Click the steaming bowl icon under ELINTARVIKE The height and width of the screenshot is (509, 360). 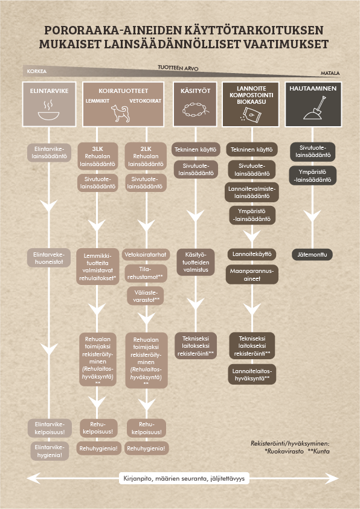pyautogui.click(x=49, y=110)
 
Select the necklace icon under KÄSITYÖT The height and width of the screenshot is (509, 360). pyautogui.click(x=196, y=110)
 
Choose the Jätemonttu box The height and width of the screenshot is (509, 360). pyautogui.click(x=312, y=255)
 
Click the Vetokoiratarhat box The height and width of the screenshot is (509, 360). pyautogui.click(x=146, y=255)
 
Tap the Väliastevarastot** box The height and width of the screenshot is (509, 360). pyautogui.click(x=146, y=296)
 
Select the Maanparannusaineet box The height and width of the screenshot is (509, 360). pyautogui.click(x=252, y=275)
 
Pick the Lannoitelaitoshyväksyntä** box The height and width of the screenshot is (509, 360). pyautogui.click(x=252, y=374)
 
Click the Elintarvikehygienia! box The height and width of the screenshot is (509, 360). pyautogui.click(x=50, y=451)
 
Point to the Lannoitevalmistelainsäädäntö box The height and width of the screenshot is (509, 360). pyautogui.click(x=252, y=192)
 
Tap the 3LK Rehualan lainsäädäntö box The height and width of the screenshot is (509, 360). pyautogui.click(x=97, y=156)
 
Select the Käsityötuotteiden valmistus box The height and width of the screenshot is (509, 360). pyautogui.click(x=196, y=262)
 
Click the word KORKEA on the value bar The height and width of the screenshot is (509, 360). pyautogui.click(x=37, y=71)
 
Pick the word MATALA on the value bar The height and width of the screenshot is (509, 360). pyautogui.click(x=330, y=74)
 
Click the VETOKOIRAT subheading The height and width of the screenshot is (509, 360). pyautogui.click(x=146, y=101)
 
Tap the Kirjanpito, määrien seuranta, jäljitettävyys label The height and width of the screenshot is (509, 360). pyautogui.click(x=184, y=478)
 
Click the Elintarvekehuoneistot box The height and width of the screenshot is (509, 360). pyautogui.click(x=49, y=258)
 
